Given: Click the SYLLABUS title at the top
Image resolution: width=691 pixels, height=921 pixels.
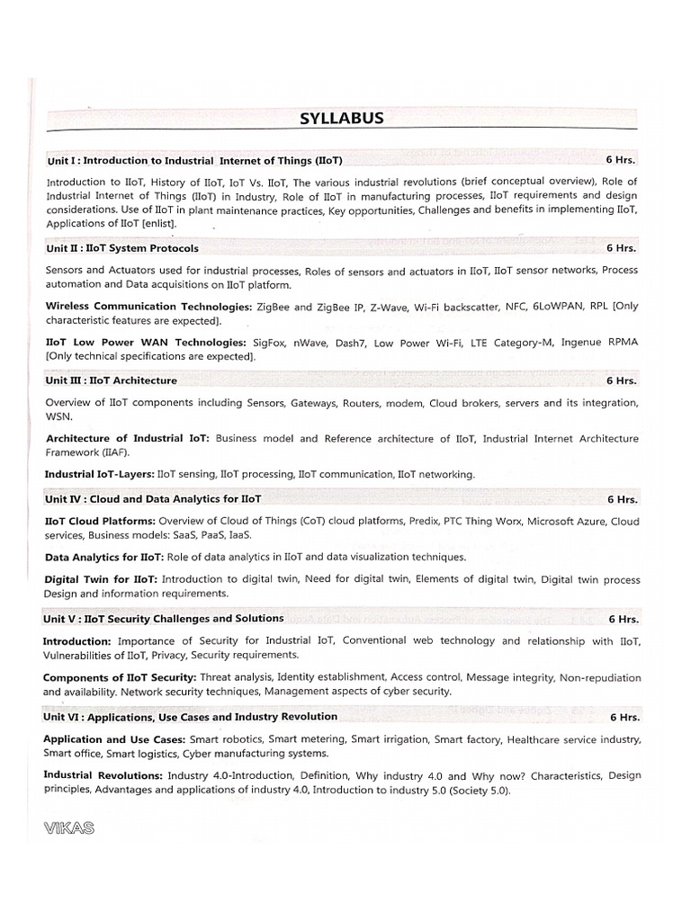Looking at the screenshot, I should pyautogui.click(x=342, y=119).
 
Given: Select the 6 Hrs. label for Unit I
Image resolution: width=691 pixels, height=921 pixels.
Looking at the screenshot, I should pyautogui.click(x=621, y=159).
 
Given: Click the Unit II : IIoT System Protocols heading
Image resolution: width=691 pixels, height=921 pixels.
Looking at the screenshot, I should pyautogui.click(x=122, y=247).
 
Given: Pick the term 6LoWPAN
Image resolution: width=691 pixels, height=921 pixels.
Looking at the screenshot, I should pyautogui.click(x=558, y=306).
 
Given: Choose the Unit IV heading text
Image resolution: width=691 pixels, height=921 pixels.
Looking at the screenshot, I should pyautogui.click(x=154, y=497).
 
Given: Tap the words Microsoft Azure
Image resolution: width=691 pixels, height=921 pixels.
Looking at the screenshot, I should pyautogui.click(x=567, y=521).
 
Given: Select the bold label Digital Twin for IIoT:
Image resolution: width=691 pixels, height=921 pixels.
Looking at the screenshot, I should pyautogui.click(x=101, y=580).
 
